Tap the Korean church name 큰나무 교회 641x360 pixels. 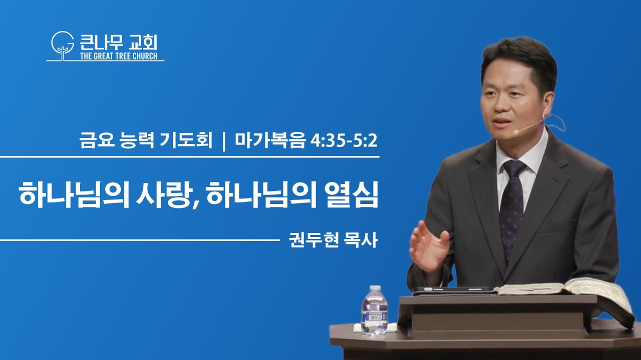click(x=119, y=42)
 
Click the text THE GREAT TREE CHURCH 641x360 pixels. click(x=119, y=56)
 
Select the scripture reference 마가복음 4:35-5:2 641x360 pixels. click(x=306, y=141)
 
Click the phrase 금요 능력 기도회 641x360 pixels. click(x=146, y=141)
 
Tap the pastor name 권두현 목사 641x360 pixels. click(x=334, y=240)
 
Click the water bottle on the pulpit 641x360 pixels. click(x=374, y=310)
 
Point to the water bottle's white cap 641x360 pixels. click(x=375, y=288)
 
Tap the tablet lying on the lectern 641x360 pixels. click(x=455, y=291)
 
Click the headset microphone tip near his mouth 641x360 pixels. click(x=516, y=131)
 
